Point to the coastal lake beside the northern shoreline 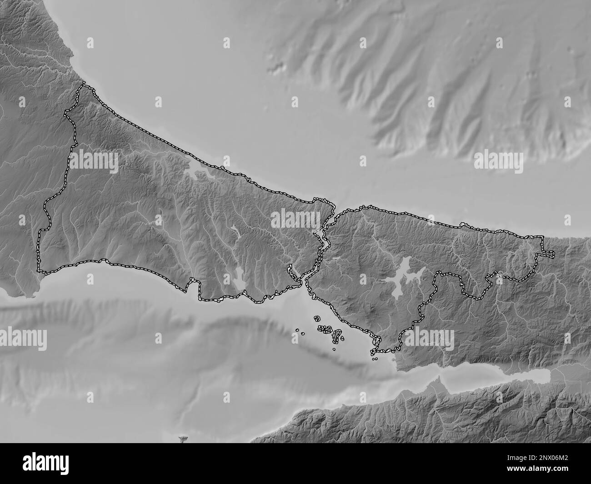[199, 170]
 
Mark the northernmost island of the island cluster [317, 319]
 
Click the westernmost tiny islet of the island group [297, 330]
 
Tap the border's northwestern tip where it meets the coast [83, 83]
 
